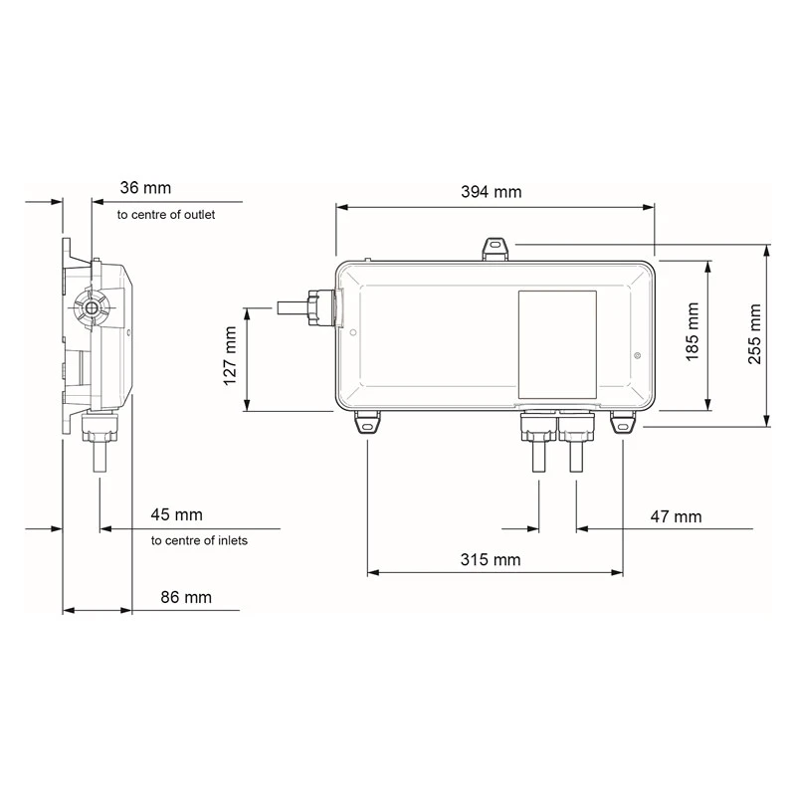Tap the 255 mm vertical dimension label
coord(756,334)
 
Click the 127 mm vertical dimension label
coord(230,356)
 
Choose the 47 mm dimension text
coord(676,515)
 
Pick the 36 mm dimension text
coord(145,187)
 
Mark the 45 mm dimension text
coord(176,514)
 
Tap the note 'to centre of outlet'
coord(165,214)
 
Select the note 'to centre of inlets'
coord(199,540)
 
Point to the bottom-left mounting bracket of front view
coord(367,424)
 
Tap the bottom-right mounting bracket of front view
coord(623,424)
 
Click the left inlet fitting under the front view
coord(538,439)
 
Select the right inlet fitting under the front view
coord(576,439)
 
